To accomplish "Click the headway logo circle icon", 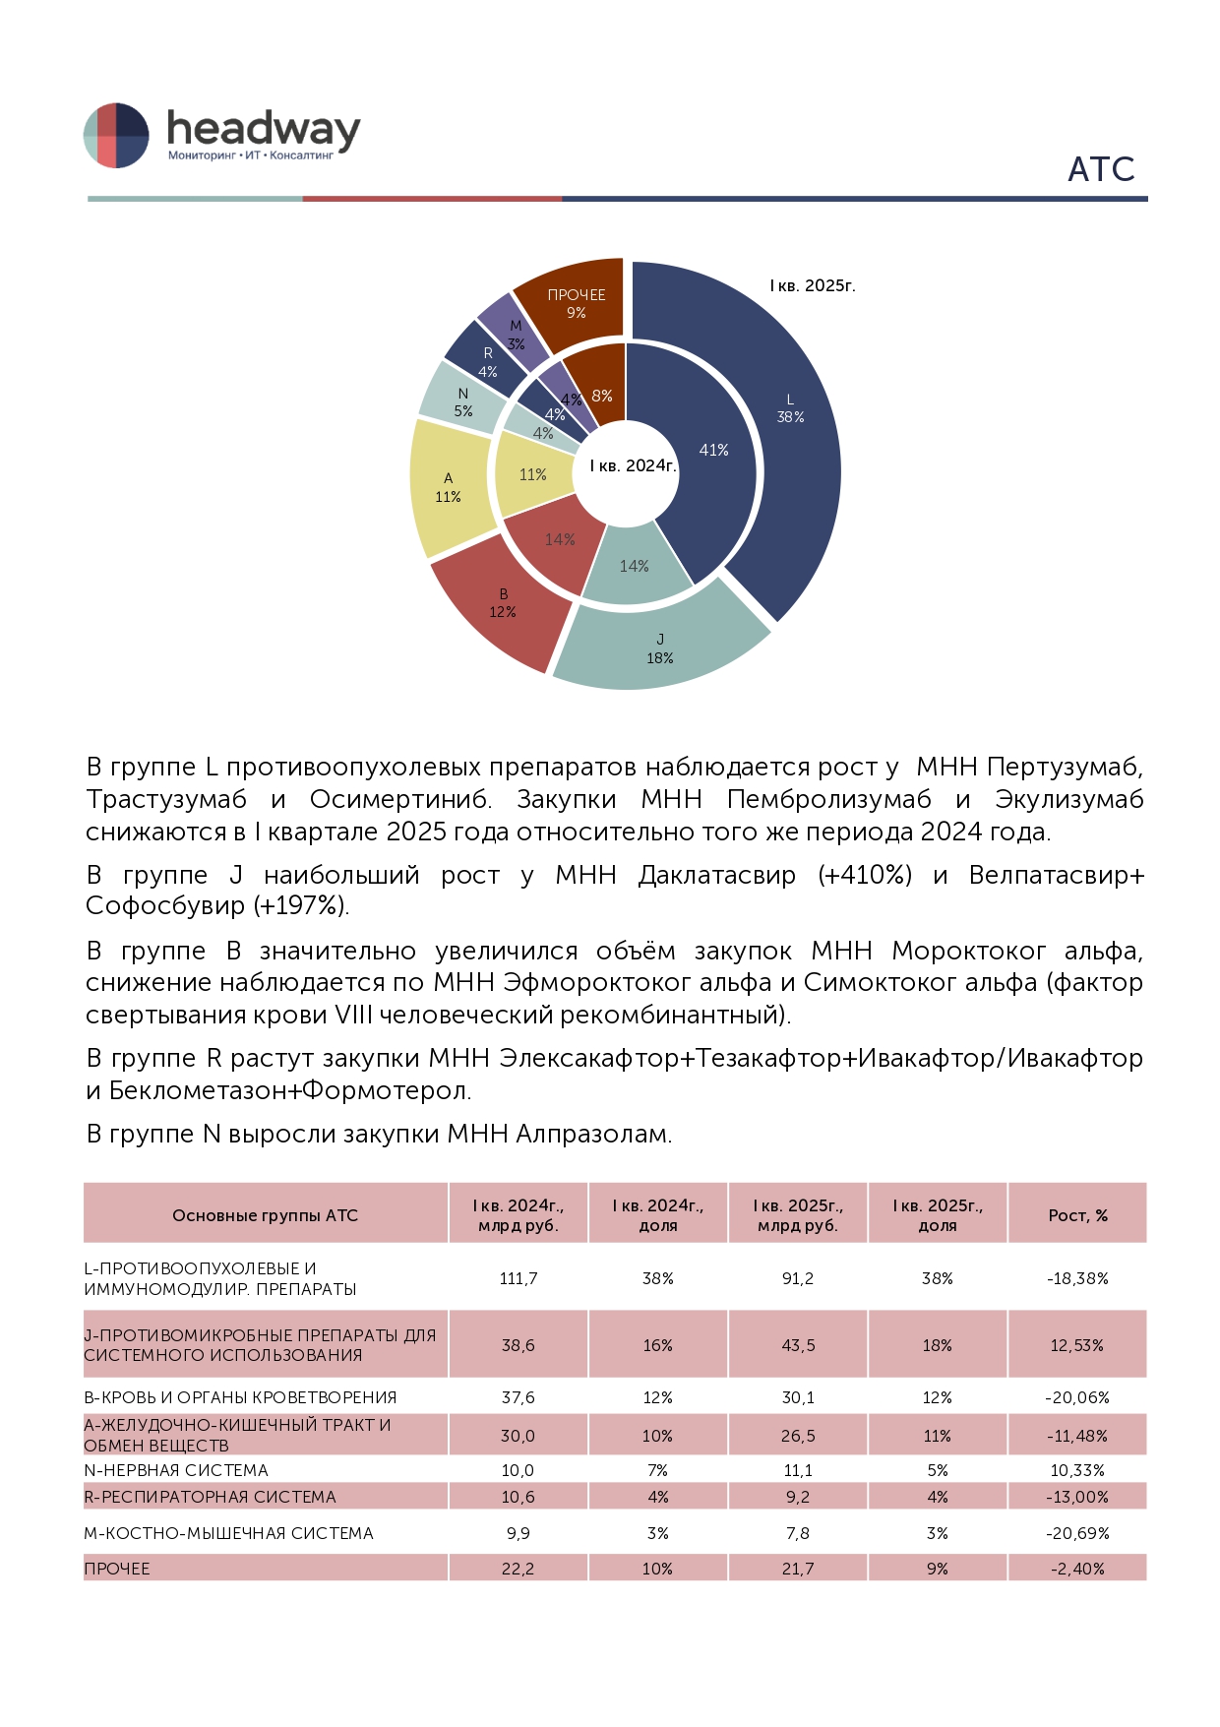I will tap(116, 135).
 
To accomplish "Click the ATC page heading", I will tap(1101, 169).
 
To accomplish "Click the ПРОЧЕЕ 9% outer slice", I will tap(576, 303).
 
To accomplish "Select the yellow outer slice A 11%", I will tap(449, 488).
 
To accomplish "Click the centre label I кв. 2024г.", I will tap(633, 465).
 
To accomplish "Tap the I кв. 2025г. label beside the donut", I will tap(813, 285).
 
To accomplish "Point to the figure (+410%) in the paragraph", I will tap(865, 875).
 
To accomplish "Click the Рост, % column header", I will tap(1077, 1215).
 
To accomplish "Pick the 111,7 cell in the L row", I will tap(518, 1278).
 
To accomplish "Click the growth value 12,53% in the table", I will tap(1077, 1345).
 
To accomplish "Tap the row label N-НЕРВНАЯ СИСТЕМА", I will tap(176, 1470).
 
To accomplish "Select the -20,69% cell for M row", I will tap(1077, 1533).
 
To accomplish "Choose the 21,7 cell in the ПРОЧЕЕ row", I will tap(798, 1569).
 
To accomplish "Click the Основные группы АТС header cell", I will tap(265, 1215).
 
